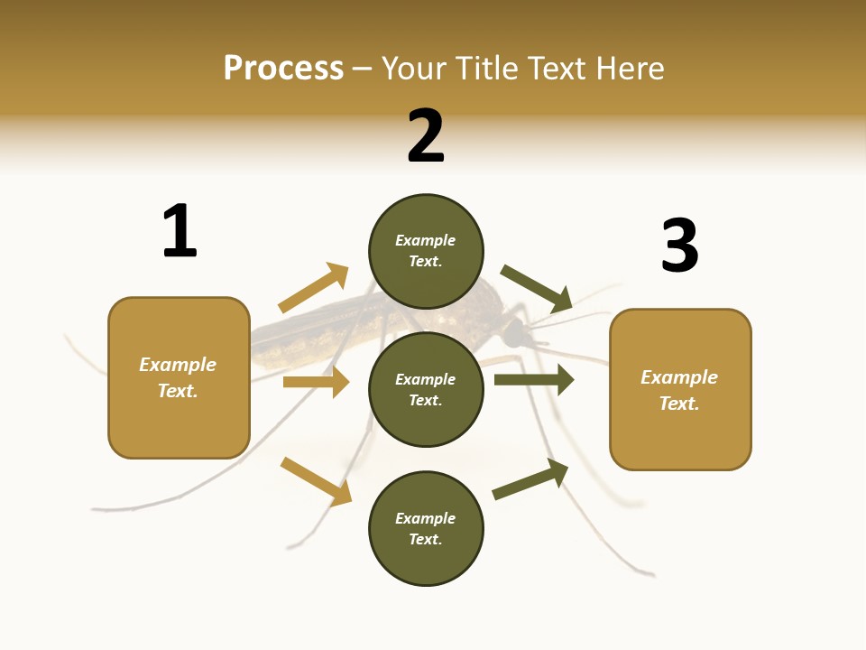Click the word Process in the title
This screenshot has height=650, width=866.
[x=283, y=69]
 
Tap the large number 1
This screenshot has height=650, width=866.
[x=180, y=231]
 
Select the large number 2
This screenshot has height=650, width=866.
[x=426, y=136]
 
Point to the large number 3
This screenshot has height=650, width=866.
[x=679, y=246]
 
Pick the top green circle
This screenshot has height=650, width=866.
[x=426, y=251]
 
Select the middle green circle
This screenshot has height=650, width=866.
[x=426, y=390]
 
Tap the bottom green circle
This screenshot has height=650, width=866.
[x=426, y=529]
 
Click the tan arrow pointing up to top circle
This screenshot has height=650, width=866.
[x=313, y=288]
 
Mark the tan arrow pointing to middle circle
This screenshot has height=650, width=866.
[x=316, y=382]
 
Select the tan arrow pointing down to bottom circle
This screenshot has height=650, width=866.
[x=316, y=481]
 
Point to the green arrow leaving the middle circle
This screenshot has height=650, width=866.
[x=534, y=379]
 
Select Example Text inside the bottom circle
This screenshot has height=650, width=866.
[x=426, y=529]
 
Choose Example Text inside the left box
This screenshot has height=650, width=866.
[x=178, y=377]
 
